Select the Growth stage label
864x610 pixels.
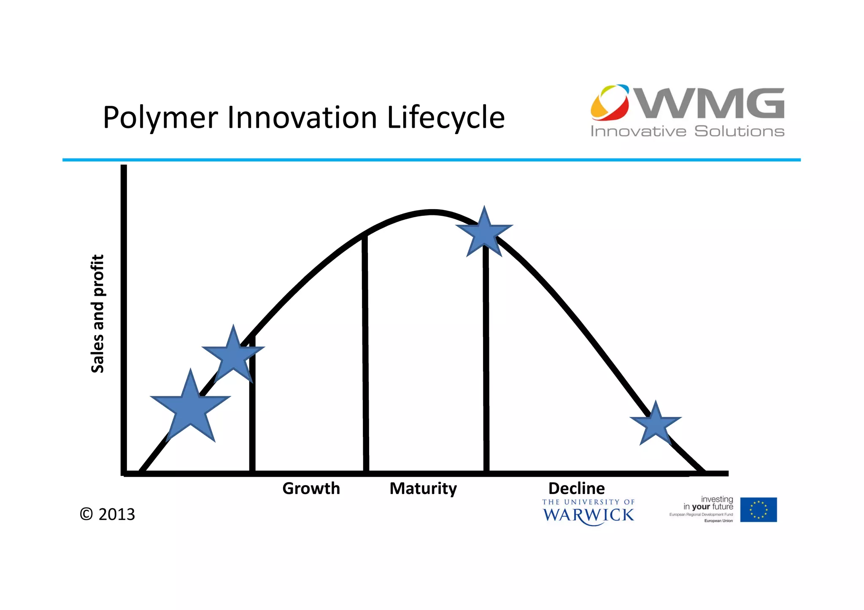click(x=311, y=488)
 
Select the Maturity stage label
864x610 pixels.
click(x=423, y=488)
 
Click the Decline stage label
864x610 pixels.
click(x=576, y=488)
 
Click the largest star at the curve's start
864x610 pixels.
click(x=190, y=408)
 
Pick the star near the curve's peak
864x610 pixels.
click(x=484, y=233)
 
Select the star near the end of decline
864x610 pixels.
click(x=656, y=424)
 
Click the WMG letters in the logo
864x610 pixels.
click(x=711, y=103)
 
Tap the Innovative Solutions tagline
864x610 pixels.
click(x=687, y=131)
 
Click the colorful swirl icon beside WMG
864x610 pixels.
click(x=610, y=102)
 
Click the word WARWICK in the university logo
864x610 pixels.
click(x=588, y=515)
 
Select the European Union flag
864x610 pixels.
click(x=758, y=510)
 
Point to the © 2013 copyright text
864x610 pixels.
click(x=107, y=514)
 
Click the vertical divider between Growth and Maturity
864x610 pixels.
click(x=365, y=354)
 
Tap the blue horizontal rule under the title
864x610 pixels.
click(x=431, y=160)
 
